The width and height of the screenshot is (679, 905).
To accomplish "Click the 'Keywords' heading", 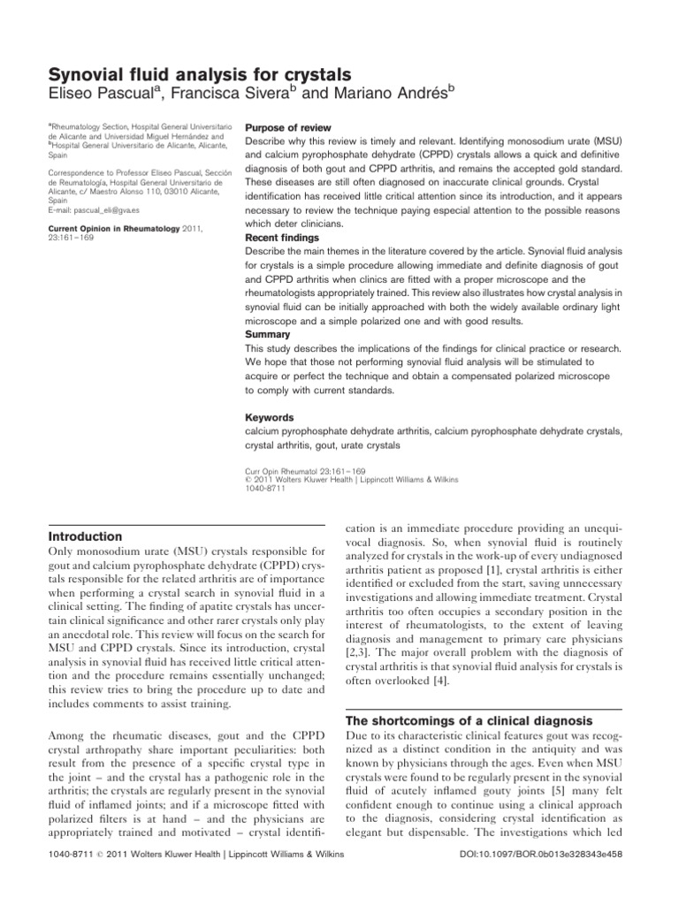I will pos(269,417).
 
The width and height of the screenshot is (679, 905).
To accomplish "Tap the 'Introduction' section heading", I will pos(85,536).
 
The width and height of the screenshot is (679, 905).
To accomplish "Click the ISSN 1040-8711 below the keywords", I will pos(263,488).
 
